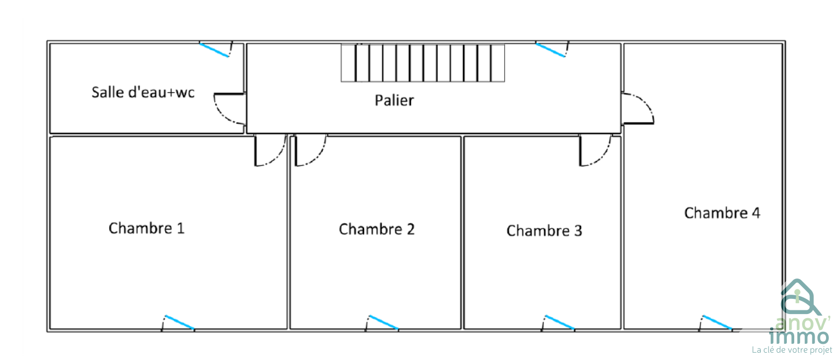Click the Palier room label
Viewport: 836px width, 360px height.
[x=394, y=100]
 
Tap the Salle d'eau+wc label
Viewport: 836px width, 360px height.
[x=143, y=92]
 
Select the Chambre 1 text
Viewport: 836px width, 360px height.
[x=146, y=228]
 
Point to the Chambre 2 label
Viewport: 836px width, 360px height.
[x=377, y=229]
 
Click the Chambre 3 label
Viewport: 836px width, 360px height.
[x=544, y=230]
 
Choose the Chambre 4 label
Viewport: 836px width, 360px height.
[x=722, y=213]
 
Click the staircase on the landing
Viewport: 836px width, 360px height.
[x=423, y=63]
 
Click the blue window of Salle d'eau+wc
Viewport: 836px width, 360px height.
[x=214, y=50]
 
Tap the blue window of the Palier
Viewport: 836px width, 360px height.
[x=551, y=50]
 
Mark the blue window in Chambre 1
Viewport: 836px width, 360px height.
[x=180, y=322]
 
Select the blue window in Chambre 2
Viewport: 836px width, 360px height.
[x=384, y=322]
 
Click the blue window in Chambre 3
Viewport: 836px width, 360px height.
[x=560, y=322]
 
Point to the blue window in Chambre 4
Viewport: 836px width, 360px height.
[x=717, y=322]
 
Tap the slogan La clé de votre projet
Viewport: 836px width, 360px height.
[x=792, y=350]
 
